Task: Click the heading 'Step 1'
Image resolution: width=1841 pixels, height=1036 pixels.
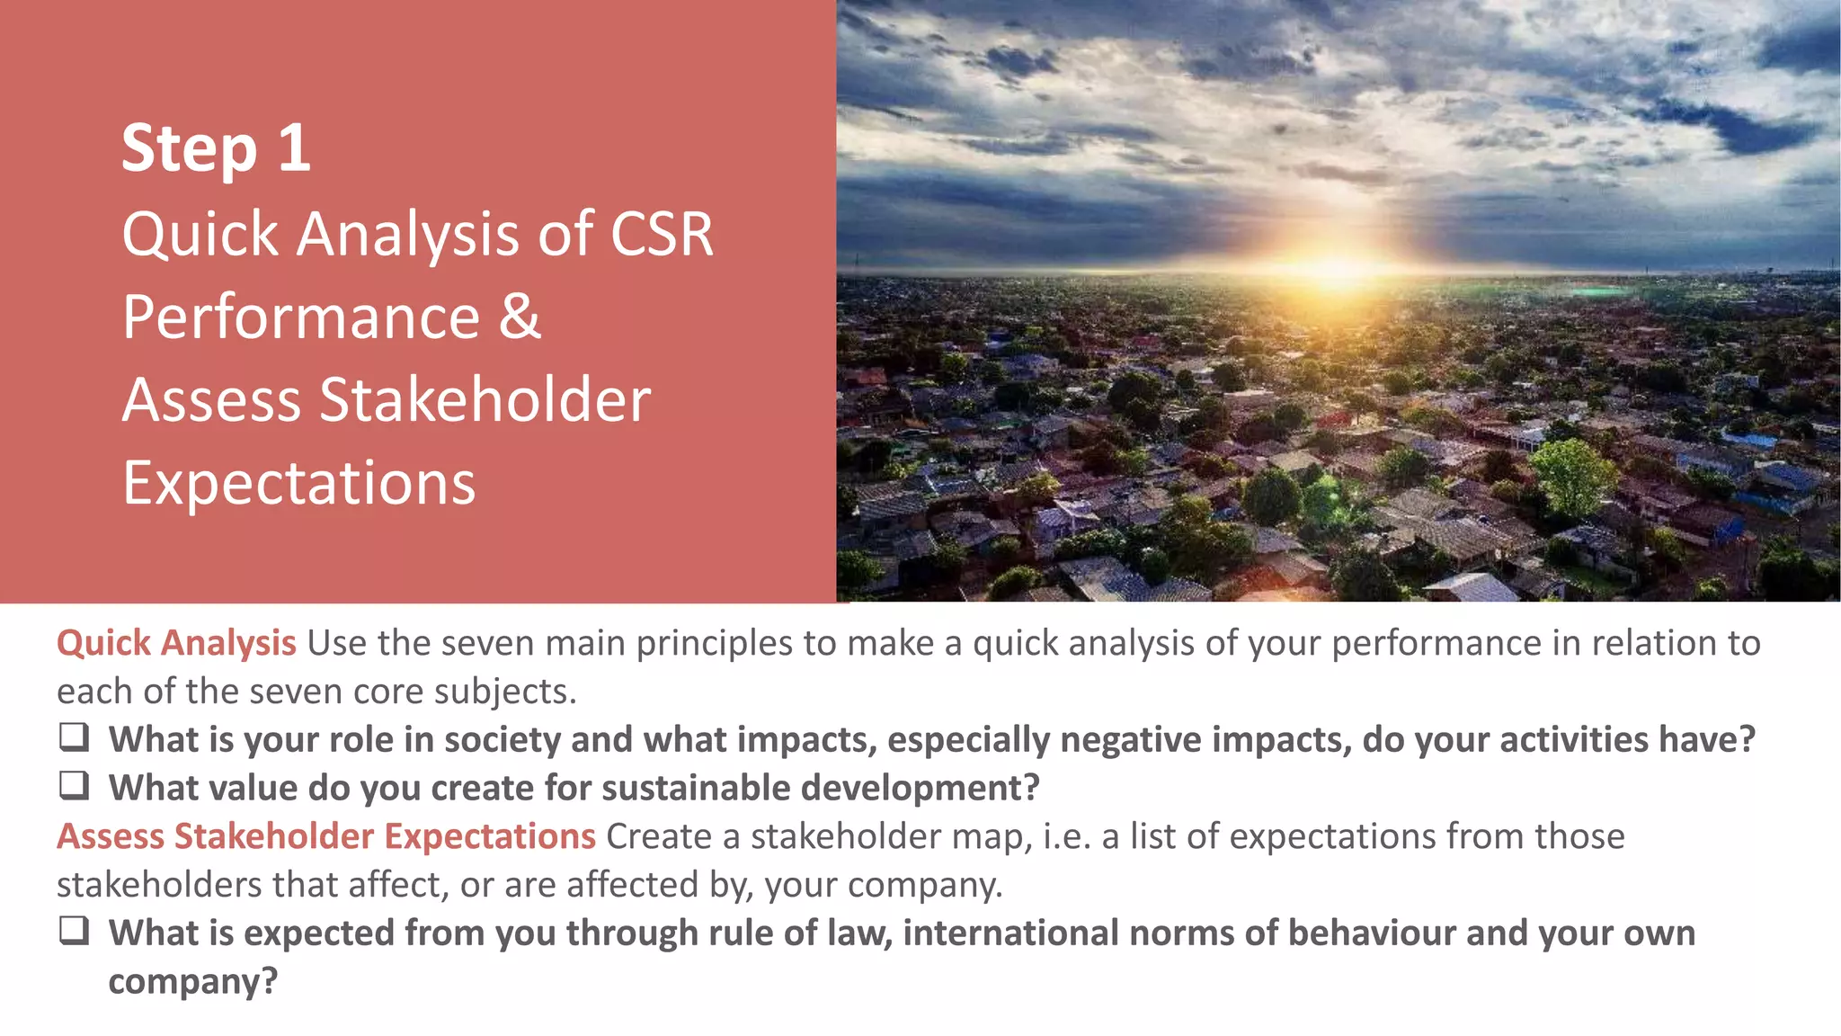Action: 216,148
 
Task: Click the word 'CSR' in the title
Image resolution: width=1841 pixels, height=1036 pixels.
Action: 662,235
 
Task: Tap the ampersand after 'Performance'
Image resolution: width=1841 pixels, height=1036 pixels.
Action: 520,317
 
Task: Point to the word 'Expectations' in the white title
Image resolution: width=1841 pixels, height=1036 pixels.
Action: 298,484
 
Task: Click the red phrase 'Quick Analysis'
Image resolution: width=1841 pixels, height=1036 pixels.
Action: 176,643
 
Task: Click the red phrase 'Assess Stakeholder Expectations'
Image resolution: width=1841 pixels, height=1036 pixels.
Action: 325,836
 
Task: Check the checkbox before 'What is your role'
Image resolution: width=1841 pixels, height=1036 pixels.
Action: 74,737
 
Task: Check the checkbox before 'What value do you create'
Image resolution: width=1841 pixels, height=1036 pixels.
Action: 74,786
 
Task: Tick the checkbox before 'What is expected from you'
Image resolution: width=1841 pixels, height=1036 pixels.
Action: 74,931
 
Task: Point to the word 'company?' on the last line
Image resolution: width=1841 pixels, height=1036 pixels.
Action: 192,981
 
